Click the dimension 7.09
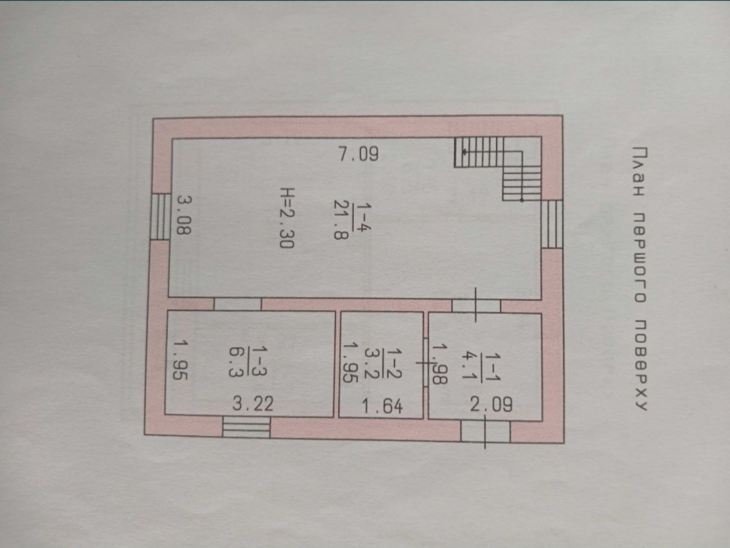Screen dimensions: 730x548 tap(358, 153)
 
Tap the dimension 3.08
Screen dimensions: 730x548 tap(185, 215)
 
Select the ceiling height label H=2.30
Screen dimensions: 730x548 tap(287, 218)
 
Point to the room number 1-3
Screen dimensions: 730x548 tap(258, 361)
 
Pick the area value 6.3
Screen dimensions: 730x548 tap(237, 362)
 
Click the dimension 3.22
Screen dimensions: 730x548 tap(253, 403)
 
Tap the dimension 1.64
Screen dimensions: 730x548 tap(382, 407)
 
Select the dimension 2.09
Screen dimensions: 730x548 tap(491, 404)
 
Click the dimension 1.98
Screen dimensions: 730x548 tap(439, 364)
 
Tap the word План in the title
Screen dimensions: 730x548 tap(641, 171)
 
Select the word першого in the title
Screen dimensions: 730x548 tap(642, 258)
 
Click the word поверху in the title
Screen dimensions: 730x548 tap(641, 365)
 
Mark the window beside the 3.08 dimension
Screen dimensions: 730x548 tap(161, 217)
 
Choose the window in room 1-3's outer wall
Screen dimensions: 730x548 tap(246, 427)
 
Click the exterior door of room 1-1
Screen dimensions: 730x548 tap(485, 432)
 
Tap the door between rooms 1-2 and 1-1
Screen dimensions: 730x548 tap(426, 362)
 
